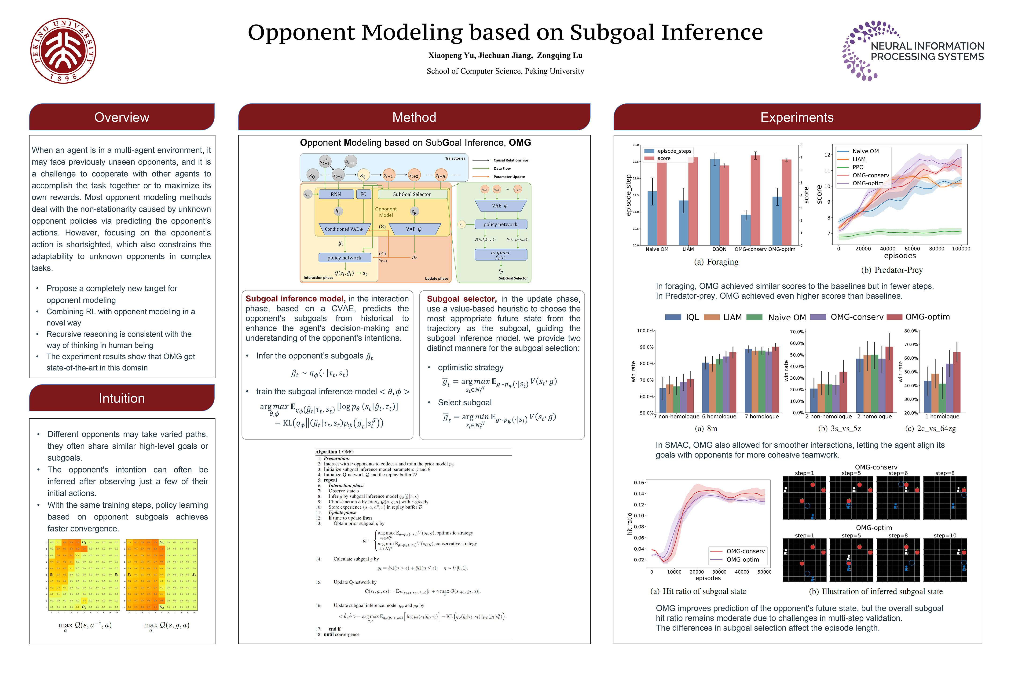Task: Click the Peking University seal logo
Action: coord(63,51)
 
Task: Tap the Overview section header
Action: coord(122,117)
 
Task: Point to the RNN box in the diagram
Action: coord(336,194)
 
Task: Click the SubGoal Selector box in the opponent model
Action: coord(412,194)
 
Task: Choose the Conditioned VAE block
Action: coord(344,229)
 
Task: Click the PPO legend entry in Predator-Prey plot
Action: coord(858,167)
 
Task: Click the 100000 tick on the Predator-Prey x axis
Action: coord(961,249)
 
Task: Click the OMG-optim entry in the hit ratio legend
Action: coord(742,560)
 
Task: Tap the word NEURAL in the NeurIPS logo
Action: coord(891,46)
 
